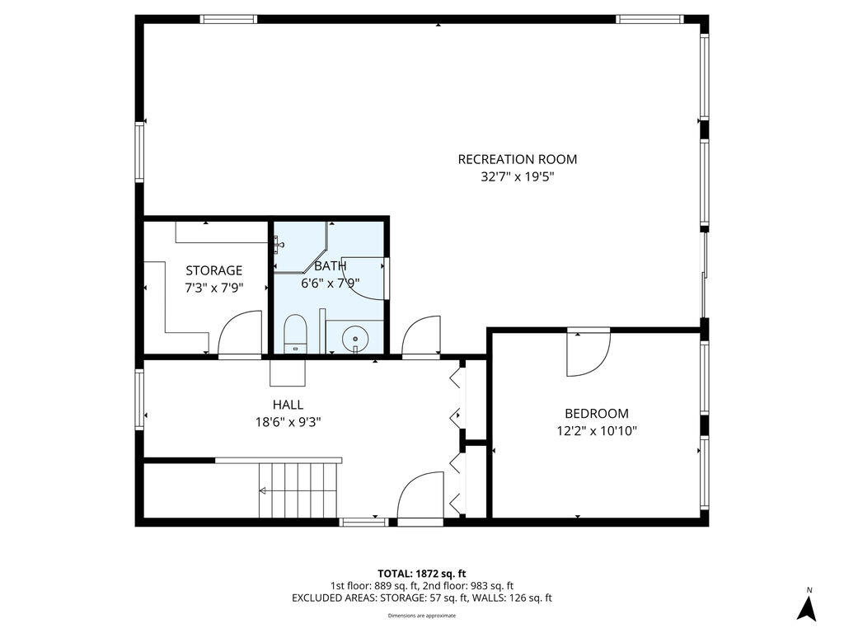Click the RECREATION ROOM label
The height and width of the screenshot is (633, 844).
(517, 159)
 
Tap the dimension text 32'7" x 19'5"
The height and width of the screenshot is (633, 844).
(517, 176)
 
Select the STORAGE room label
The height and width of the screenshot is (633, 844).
(213, 270)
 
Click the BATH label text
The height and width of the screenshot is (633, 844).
(330, 265)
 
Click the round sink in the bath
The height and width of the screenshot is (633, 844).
(356, 338)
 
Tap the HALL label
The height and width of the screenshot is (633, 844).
(288, 405)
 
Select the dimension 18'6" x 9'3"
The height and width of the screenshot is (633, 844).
(288, 421)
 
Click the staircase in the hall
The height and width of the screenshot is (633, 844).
(298, 490)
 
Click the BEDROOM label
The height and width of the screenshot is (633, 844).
(596, 414)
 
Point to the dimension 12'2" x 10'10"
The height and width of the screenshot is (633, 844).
(596, 430)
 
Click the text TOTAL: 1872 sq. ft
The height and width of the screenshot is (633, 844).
(422, 573)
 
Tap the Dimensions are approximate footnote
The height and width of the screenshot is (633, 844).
(422, 616)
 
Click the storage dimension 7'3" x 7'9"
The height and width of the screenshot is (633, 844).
(213, 288)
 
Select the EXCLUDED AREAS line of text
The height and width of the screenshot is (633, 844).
(422, 598)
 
